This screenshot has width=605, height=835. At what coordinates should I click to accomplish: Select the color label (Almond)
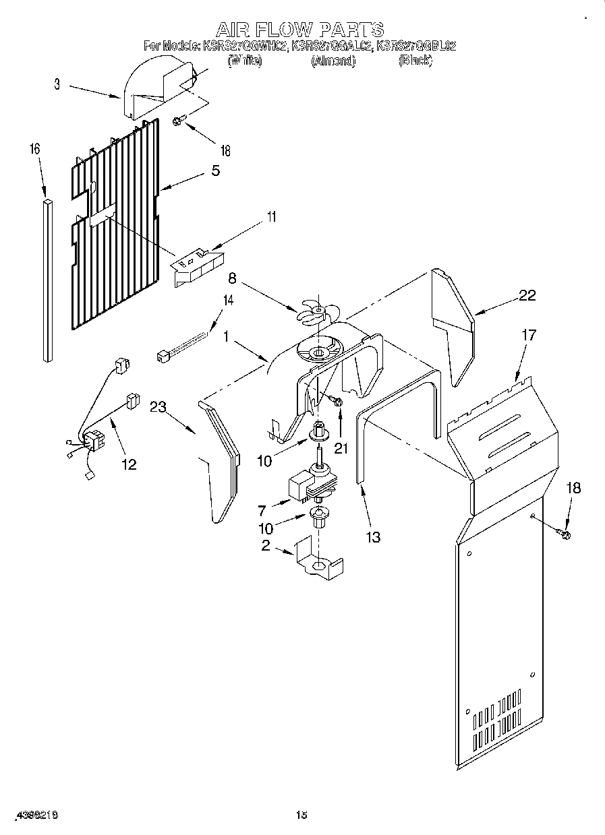click(x=333, y=61)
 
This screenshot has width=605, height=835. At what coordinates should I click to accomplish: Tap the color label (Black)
click(x=415, y=61)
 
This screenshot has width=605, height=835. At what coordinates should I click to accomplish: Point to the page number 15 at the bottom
click(x=301, y=815)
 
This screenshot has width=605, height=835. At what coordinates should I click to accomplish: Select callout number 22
click(x=527, y=295)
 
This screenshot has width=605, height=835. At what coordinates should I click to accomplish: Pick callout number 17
click(x=529, y=335)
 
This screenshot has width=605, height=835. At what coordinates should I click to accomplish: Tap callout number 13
click(x=372, y=536)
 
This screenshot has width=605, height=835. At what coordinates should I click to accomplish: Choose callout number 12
click(x=127, y=464)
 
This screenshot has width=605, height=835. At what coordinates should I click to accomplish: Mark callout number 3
click(x=57, y=85)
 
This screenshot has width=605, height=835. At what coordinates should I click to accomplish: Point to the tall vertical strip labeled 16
click(x=48, y=280)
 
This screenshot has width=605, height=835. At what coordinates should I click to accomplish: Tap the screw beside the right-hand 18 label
click(x=565, y=535)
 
